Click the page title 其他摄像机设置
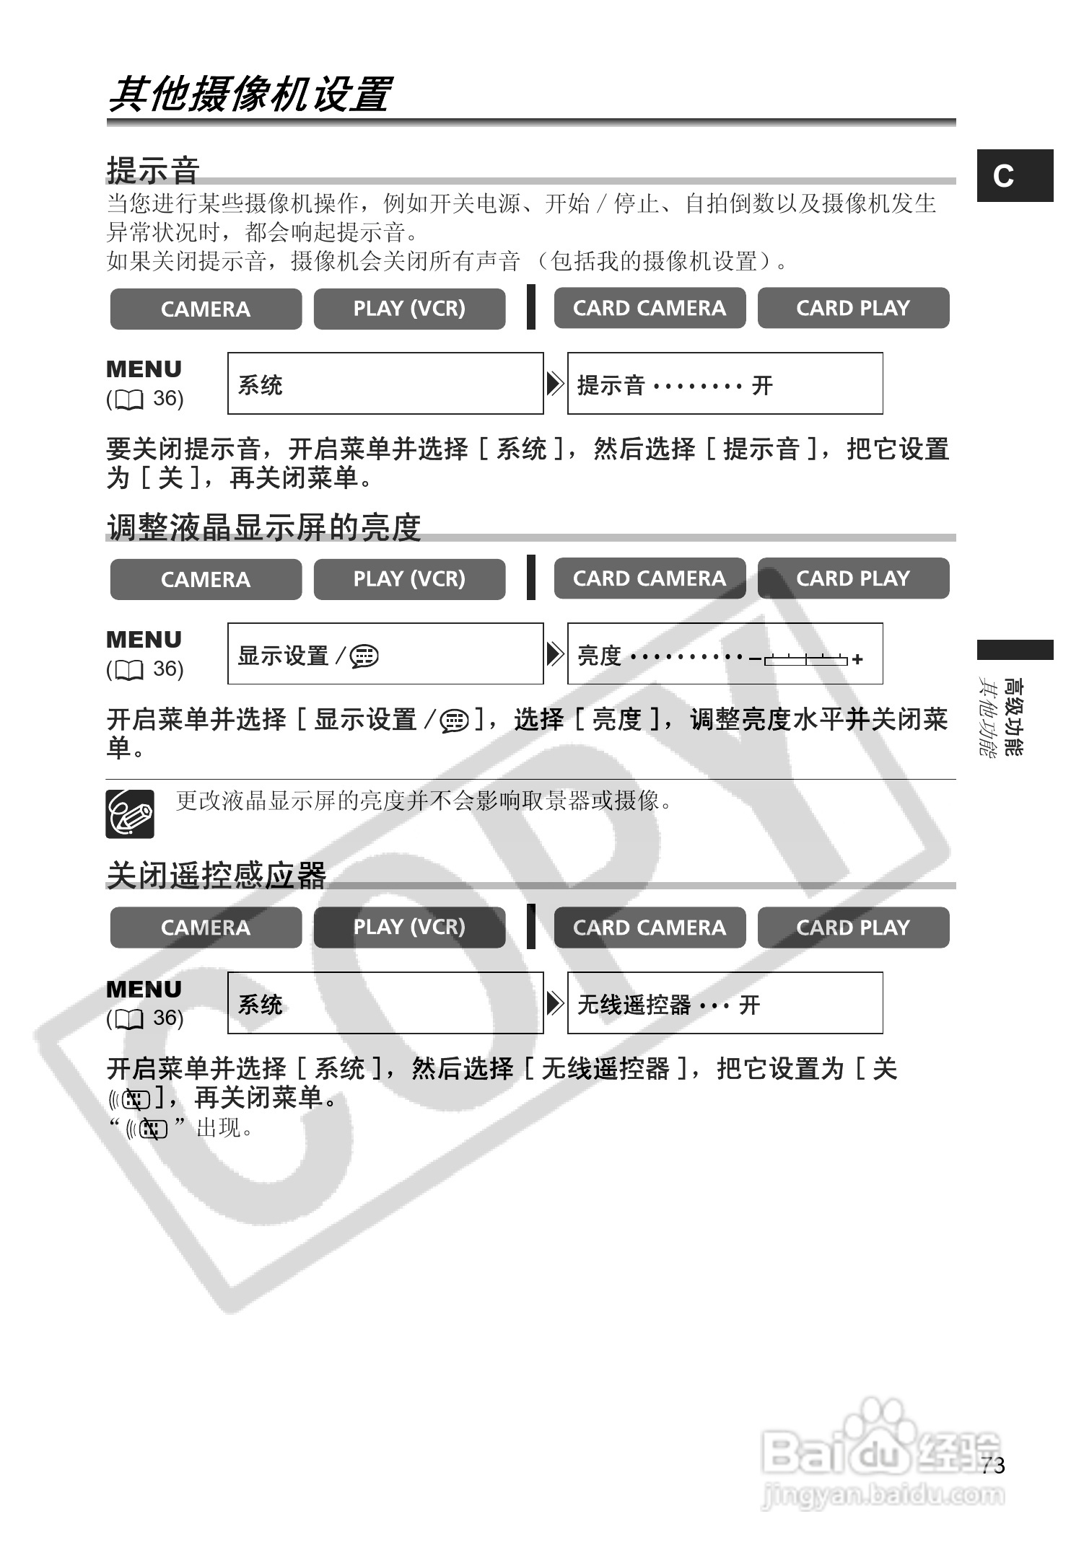(x=249, y=94)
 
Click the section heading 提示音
(x=153, y=170)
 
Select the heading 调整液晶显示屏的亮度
(x=264, y=527)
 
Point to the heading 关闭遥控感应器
(x=217, y=876)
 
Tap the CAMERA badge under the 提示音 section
(x=206, y=309)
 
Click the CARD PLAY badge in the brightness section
(x=853, y=578)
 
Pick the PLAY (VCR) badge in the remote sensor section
(x=409, y=927)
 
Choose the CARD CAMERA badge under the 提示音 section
(x=650, y=309)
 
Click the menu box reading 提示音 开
(x=725, y=384)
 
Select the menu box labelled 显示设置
(x=385, y=654)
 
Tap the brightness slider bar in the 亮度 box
(x=805, y=658)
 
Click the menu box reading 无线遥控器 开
(x=725, y=1003)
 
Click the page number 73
(x=993, y=1465)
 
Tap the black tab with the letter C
(x=1015, y=175)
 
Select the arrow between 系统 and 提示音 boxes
(x=555, y=384)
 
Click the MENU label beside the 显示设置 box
(x=144, y=640)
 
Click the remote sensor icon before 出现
(x=147, y=1129)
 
